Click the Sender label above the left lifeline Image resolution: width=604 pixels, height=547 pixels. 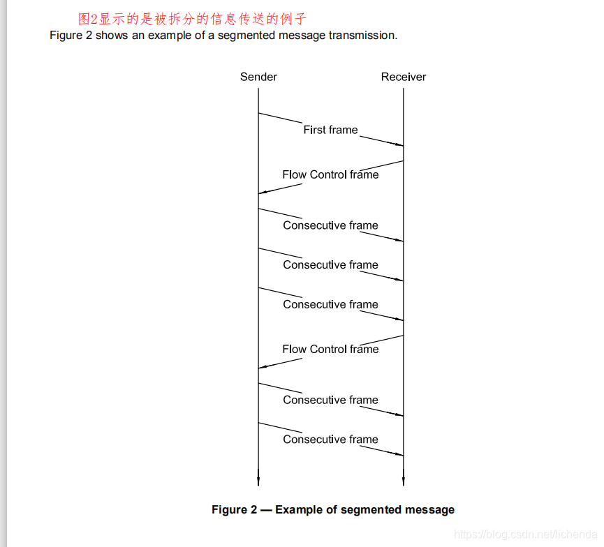coord(258,77)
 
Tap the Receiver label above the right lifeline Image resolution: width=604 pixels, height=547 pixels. coord(404,77)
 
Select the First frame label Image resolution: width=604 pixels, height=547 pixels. coord(330,130)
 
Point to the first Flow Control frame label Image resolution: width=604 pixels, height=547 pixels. coord(330,174)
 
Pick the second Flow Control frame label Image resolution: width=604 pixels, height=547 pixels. coord(330,349)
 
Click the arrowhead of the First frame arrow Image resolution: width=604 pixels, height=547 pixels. coord(400,145)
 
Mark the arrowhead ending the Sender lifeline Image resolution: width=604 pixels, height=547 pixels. coord(258,481)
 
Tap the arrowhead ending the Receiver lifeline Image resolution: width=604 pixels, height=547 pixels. coord(404,481)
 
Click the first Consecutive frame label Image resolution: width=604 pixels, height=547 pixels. coord(330,225)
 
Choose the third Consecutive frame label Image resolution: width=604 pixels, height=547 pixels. coord(330,304)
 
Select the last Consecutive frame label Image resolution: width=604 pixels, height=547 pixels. coord(330,440)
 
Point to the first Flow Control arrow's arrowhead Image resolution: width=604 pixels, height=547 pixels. coord(262,193)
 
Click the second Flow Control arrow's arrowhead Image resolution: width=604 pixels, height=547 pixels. coord(262,368)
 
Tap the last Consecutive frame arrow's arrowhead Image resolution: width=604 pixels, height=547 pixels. coord(400,455)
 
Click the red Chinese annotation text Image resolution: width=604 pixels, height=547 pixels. coord(192,19)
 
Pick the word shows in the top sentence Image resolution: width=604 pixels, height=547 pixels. coord(112,35)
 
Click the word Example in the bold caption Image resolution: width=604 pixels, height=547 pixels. coord(299,509)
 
